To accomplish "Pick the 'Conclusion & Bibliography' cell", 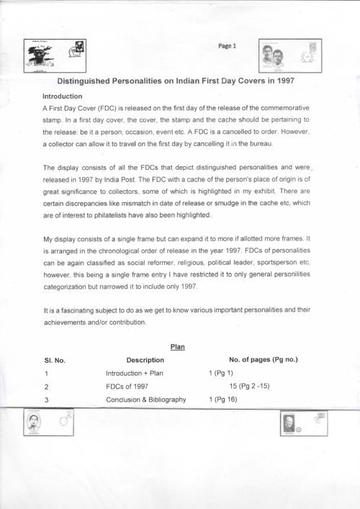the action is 146,400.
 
